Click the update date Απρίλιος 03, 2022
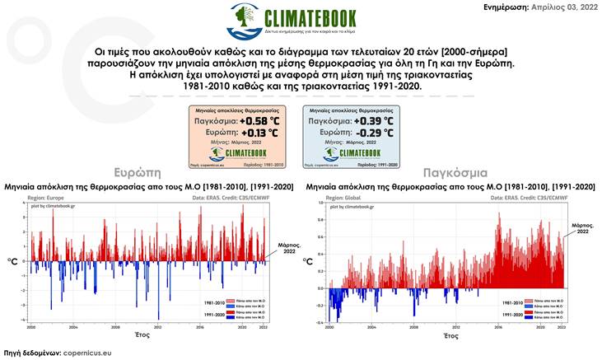565,7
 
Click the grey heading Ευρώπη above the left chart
141,174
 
